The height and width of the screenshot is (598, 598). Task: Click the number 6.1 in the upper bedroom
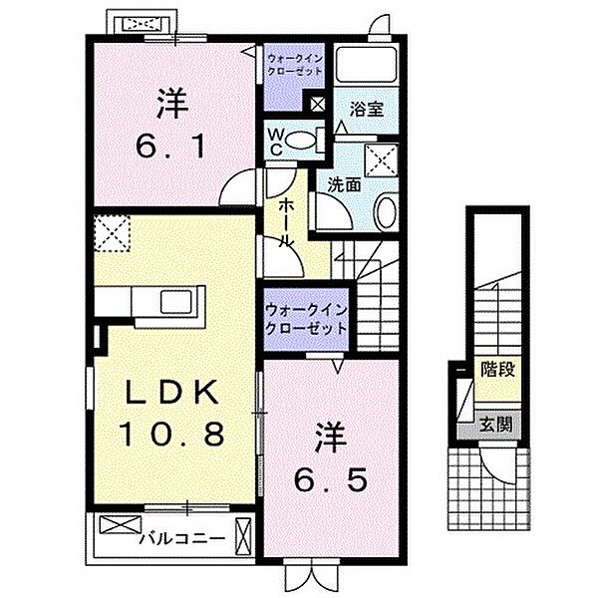171,148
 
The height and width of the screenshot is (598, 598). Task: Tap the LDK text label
171,393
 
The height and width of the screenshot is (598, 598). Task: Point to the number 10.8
171,435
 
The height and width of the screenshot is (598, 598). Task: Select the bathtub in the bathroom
366,65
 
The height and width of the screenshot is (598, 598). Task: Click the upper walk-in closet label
293,66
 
